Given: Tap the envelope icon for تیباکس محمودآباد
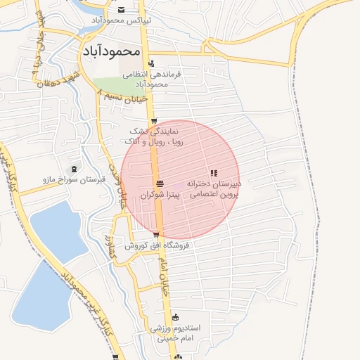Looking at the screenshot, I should click(122, 10).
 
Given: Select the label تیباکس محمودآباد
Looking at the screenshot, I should click(117, 20).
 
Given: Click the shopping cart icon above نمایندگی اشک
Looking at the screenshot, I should click(153, 120).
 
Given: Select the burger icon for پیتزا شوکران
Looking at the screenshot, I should click(159, 184).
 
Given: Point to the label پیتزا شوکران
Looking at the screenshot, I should click(155, 194).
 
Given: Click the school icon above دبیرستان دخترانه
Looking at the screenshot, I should click(213, 173).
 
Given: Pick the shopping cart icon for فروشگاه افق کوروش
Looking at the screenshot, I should click(156, 236).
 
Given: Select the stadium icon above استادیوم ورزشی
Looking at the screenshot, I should click(175, 317).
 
